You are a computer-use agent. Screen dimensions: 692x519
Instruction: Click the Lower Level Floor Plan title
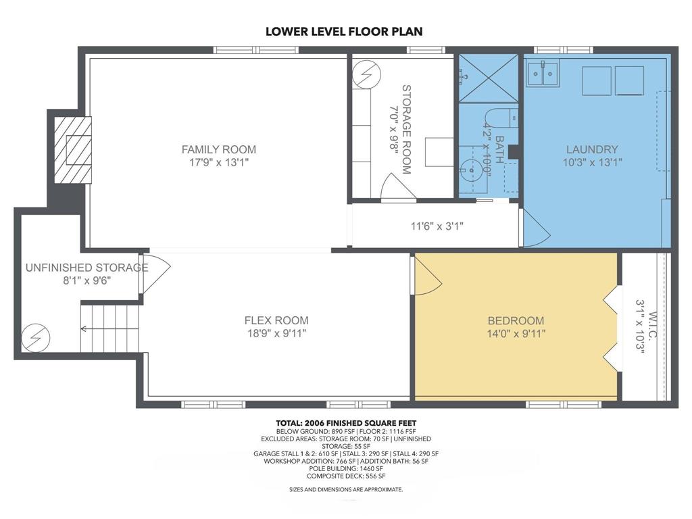pyautogui.click(x=344, y=31)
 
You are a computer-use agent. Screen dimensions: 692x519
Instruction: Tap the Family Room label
pyautogui.click(x=219, y=149)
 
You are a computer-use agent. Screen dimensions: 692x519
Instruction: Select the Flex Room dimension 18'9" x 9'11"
pyautogui.click(x=276, y=333)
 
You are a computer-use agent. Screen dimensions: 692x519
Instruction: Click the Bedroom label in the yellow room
pyautogui.click(x=516, y=320)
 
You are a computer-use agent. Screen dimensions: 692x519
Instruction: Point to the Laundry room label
pyautogui.click(x=592, y=149)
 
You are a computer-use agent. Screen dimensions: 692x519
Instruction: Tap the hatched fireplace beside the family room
pyautogui.click(x=73, y=149)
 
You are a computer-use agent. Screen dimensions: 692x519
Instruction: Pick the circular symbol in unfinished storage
pyautogui.click(x=36, y=338)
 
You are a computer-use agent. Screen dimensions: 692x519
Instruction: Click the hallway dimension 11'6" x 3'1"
pyautogui.click(x=437, y=226)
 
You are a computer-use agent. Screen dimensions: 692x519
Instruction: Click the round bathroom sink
pyautogui.click(x=470, y=168)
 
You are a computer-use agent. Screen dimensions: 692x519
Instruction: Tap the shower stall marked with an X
pyautogui.click(x=489, y=78)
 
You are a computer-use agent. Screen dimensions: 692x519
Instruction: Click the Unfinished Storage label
pyautogui.click(x=86, y=268)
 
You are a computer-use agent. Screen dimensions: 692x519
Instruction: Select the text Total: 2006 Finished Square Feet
pyautogui.click(x=346, y=423)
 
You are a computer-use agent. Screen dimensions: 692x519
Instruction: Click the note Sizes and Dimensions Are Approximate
pyautogui.click(x=346, y=489)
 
